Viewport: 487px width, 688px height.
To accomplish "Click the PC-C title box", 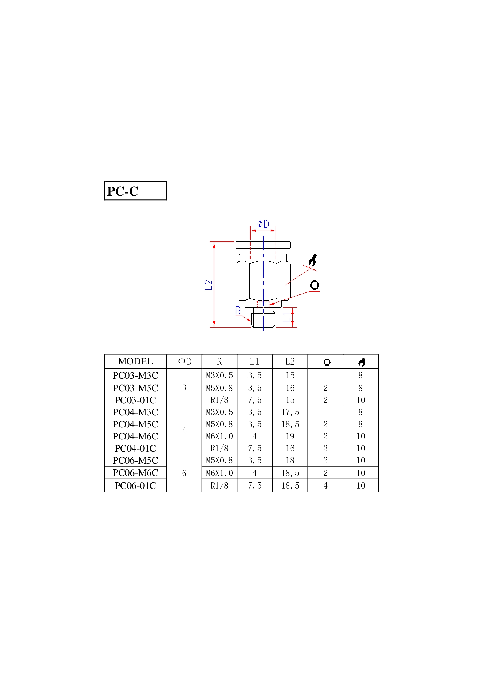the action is coord(135,191).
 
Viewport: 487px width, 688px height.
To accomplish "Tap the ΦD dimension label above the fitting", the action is coord(263,224).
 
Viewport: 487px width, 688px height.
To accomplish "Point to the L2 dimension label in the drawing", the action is coord(208,285).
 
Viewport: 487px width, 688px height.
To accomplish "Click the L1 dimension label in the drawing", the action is coord(287,317).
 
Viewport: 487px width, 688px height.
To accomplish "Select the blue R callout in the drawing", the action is coord(238,310).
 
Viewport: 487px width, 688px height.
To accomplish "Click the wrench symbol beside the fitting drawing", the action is coord(312,260).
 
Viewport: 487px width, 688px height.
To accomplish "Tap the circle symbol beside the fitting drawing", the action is coord(314,285).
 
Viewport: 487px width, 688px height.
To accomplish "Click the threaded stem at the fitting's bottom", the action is coord(263,319).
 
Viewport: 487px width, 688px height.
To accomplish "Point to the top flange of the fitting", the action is coord(263,245).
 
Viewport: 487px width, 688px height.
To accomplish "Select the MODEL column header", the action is coord(135,362).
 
